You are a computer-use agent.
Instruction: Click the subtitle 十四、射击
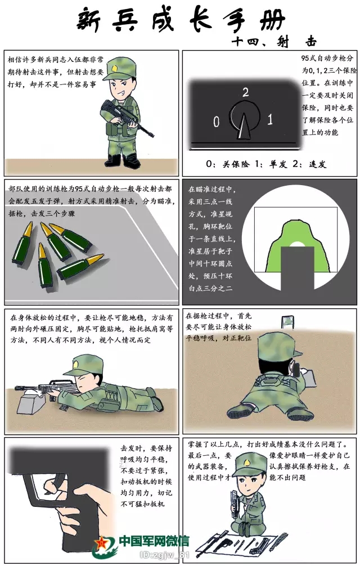pyautogui.click(x=274, y=42)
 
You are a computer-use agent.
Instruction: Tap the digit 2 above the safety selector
pyautogui.click(x=246, y=92)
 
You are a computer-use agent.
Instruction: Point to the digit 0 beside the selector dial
pyautogui.click(x=217, y=122)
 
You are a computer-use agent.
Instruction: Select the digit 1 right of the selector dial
pyautogui.click(x=270, y=119)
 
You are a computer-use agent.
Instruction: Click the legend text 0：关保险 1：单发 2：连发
pyautogui.click(x=266, y=164)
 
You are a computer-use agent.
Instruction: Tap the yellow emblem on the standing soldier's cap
pyautogui.click(x=115, y=68)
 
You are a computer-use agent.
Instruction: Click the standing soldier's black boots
pyautogui.click(x=123, y=160)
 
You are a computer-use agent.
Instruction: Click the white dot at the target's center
pyautogui.click(x=296, y=244)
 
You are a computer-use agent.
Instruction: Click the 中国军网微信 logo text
pyautogui.click(x=154, y=541)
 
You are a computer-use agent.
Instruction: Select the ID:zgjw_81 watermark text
pyautogui.click(x=164, y=555)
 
